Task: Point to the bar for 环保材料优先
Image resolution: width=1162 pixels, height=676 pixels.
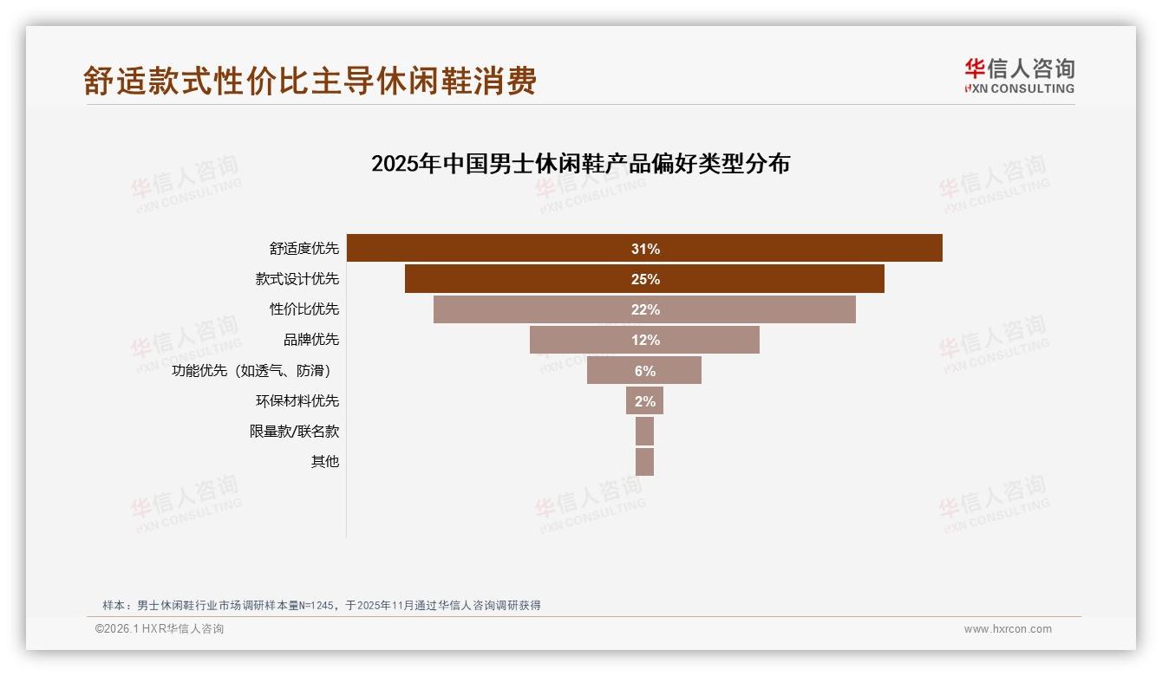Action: click(x=644, y=400)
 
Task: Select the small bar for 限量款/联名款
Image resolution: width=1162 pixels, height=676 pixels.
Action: click(x=644, y=431)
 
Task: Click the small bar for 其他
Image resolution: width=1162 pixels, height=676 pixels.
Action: click(x=644, y=461)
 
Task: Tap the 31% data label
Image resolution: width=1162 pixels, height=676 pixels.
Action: click(x=645, y=249)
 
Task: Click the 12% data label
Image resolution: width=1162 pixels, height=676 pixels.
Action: click(x=645, y=340)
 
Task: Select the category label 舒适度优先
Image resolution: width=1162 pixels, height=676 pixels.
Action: click(x=304, y=249)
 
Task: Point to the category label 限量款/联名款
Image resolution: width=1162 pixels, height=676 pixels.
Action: click(x=294, y=431)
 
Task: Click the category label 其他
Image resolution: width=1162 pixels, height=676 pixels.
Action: click(x=325, y=461)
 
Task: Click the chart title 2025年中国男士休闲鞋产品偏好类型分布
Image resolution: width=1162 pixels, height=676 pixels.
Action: click(x=580, y=164)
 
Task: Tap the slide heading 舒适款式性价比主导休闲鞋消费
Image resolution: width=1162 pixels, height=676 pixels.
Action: click(x=310, y=81)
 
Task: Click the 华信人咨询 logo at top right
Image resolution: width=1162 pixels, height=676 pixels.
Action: click(x=1019, y=76)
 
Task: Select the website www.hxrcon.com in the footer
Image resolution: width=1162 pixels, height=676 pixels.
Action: click(x=1008, y=629)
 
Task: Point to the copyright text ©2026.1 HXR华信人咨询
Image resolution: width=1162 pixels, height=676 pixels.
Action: click(x=160, y=629)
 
